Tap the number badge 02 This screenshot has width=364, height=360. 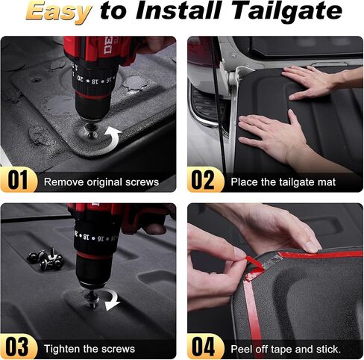pos(205,181)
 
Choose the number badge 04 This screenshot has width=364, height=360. pos(205,347)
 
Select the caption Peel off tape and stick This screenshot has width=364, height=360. pos(286,348)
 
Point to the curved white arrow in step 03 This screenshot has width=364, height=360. pos(113,300)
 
